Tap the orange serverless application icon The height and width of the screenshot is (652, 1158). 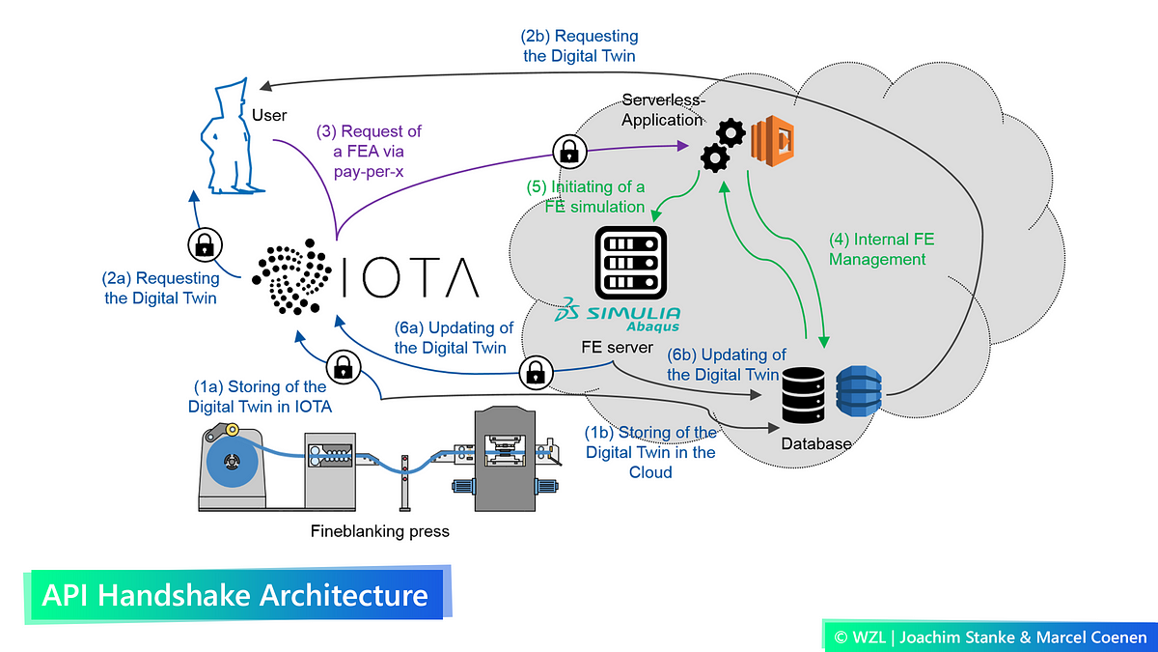(771, 139)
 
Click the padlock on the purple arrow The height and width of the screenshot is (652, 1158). (567, 150)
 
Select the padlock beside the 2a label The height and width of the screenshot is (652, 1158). (204, 244)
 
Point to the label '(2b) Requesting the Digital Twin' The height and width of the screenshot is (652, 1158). (579, 45)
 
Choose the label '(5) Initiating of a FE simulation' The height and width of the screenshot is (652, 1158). (586, 196)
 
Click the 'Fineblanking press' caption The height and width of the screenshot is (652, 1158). (380, 531)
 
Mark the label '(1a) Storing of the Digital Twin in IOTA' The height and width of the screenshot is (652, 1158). (260, 397)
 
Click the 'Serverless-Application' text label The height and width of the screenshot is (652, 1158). (663, 110)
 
